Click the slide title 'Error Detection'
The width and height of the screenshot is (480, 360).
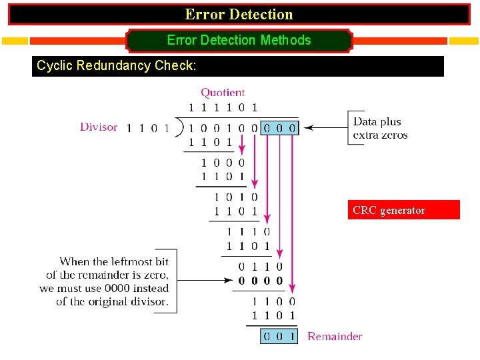click(x=239, y=14)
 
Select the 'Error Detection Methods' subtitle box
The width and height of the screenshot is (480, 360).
click(x=239, y=41)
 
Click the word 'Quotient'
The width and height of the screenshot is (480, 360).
click(x=223, y=93)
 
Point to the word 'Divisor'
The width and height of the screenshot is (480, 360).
click(x=99, y=127)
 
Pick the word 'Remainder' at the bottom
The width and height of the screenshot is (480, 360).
click(x=335, y=337)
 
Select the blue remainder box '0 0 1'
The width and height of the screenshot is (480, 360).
click(x=279, y=337)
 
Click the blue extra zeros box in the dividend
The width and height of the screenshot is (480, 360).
click(x=279, y=127)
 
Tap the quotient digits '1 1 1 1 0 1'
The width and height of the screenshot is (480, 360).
click(x=223, y=107)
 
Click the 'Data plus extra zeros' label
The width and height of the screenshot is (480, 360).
click(x=380, y=128)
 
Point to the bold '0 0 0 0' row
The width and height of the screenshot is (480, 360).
click(x=260, y=281)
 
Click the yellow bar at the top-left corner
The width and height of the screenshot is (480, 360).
click(x=15, y=41)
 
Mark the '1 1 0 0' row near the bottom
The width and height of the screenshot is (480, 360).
click(x=273, y=302)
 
